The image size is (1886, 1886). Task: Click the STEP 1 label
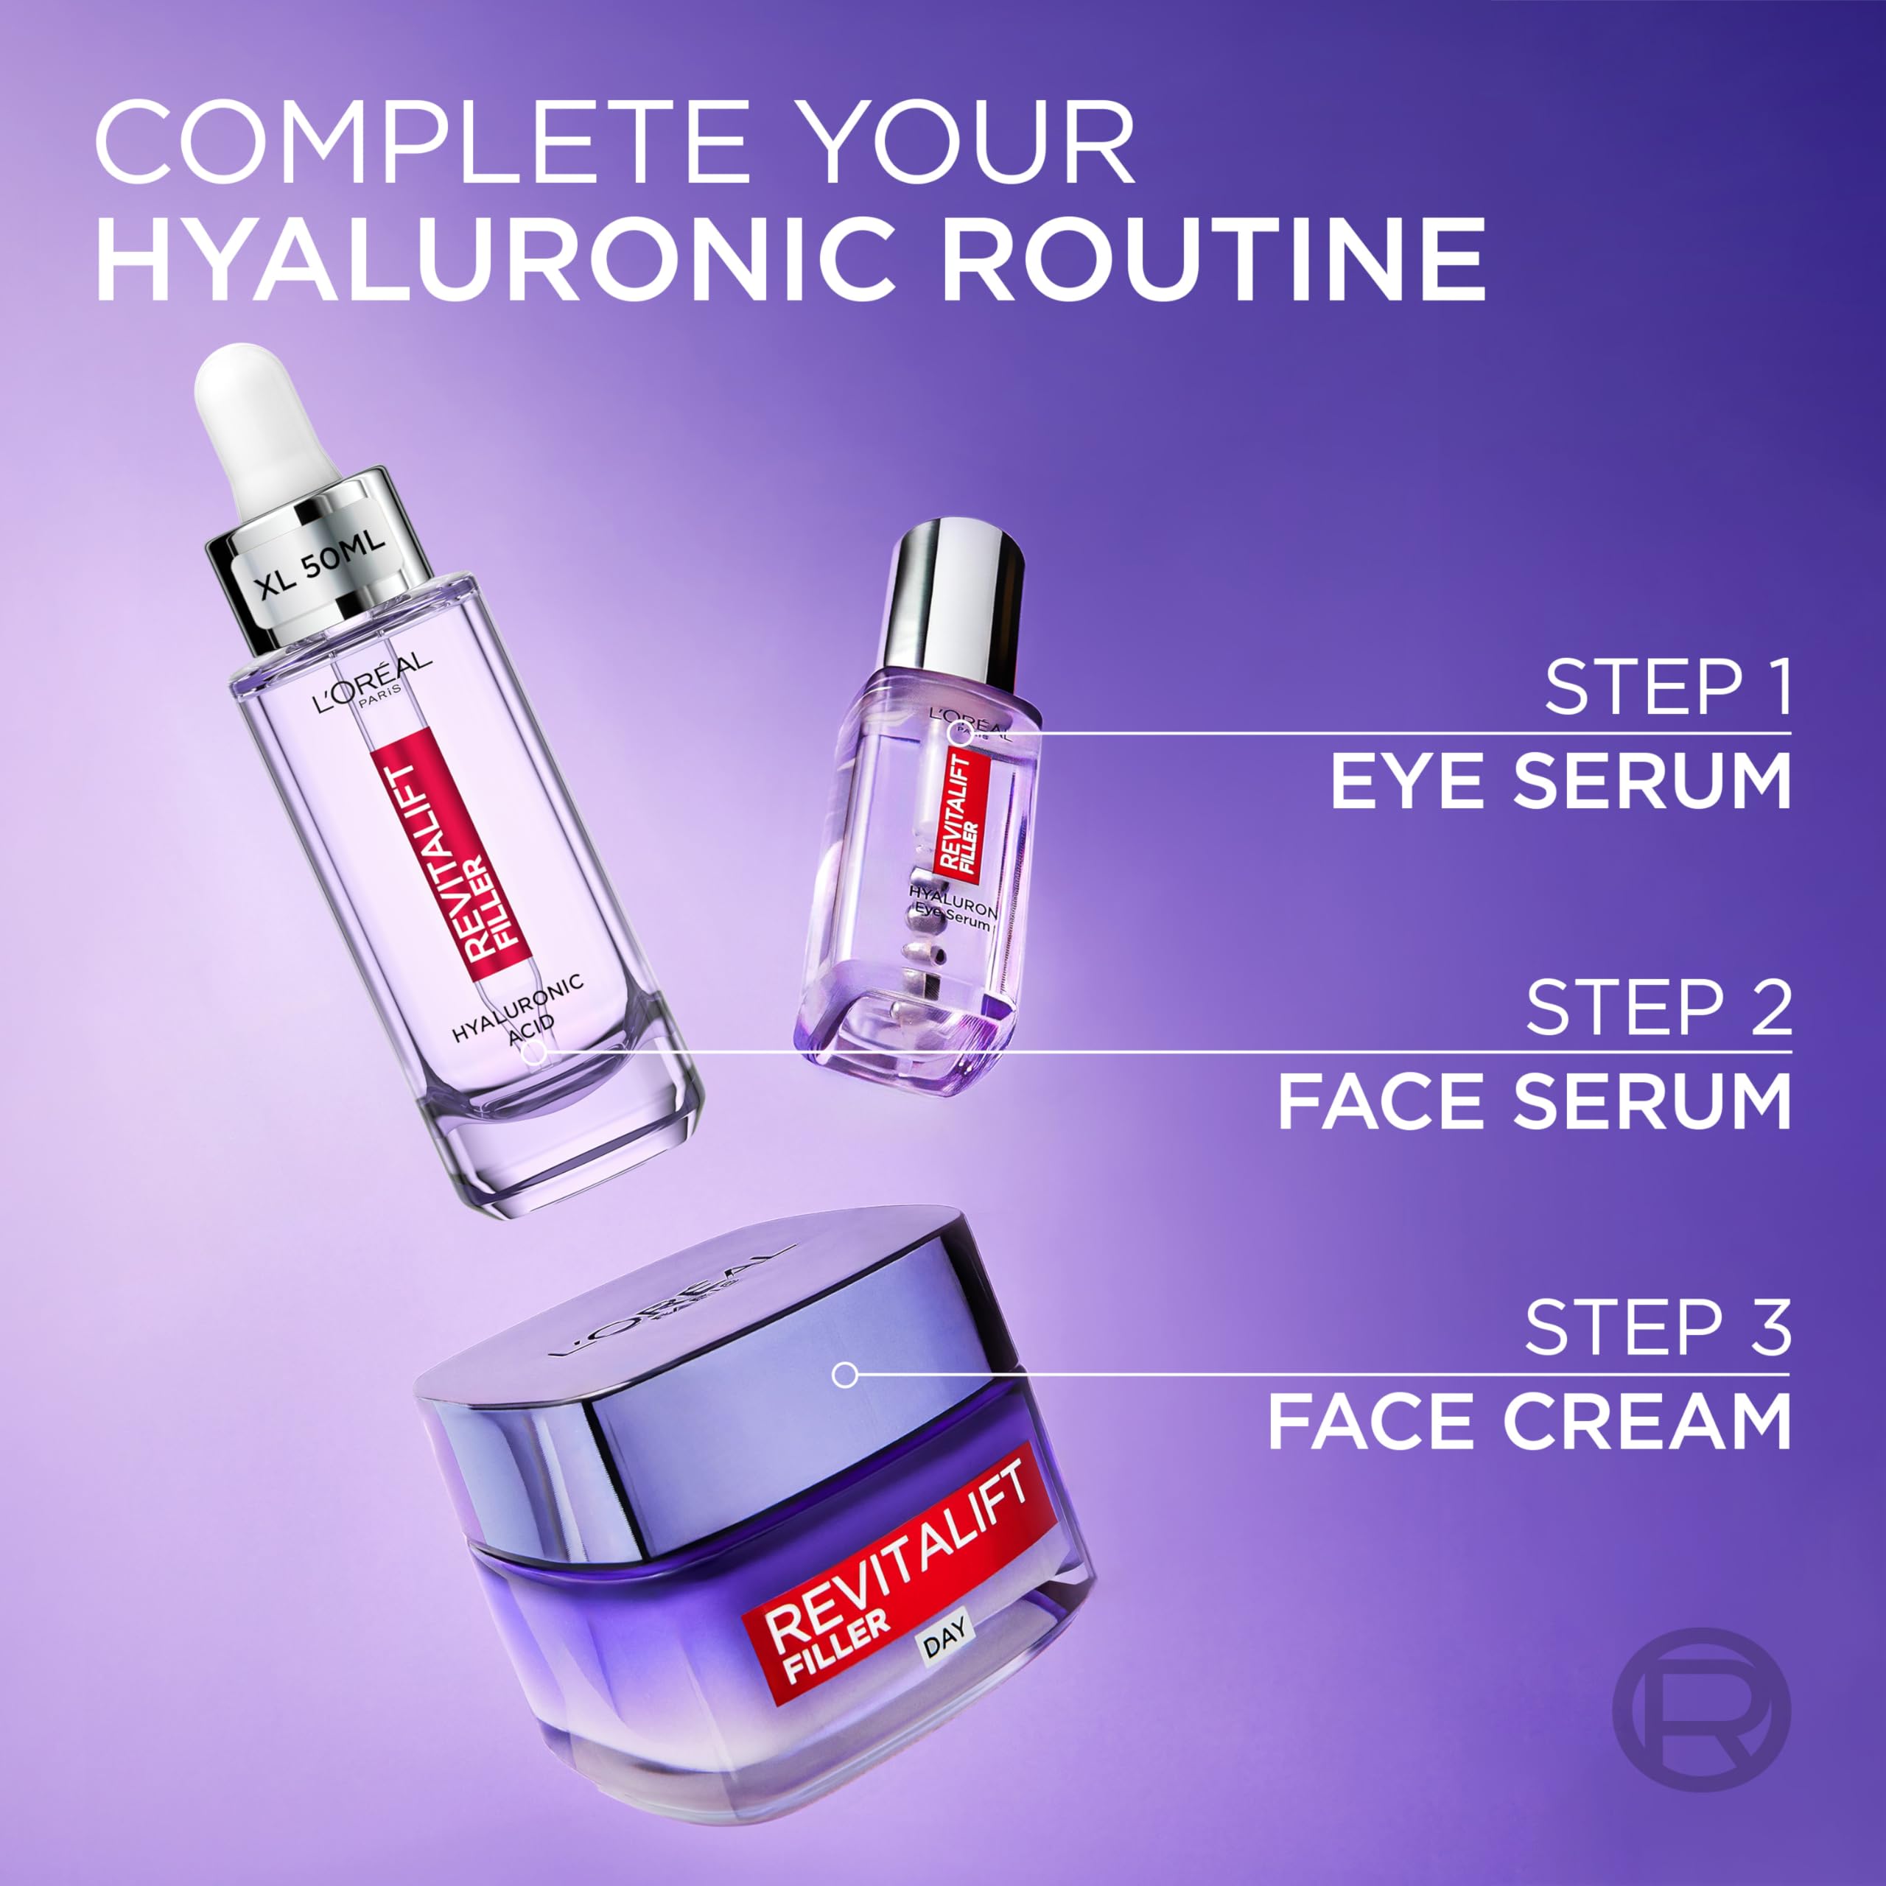point(1667,688)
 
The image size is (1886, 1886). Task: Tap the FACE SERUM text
point(1535,1101)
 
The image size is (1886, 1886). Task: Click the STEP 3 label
point(1658,1328)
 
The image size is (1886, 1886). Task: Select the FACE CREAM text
point(1529,1423)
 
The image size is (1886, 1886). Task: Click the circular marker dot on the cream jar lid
point(844,1375)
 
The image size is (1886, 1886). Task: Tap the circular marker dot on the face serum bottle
point(534,1052)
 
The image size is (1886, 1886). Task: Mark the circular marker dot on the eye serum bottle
point(961,733)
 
